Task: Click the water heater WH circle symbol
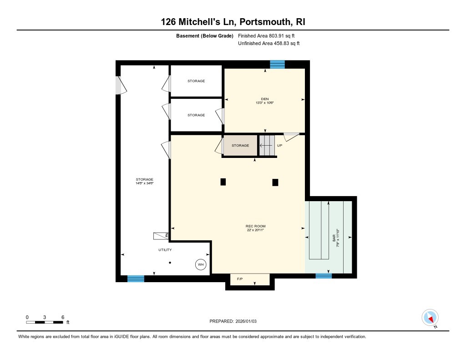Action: tap(201, 264)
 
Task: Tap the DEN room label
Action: tap(264, 99)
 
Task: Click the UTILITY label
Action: tap(165, 250)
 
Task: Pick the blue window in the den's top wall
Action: tap(277, 65)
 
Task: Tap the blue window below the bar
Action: tap(323, 275)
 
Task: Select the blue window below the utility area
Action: tap(136, 279)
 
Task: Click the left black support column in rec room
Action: tap(223, 182)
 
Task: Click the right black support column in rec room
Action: tap(275, 182)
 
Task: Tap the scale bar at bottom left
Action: tap(45, 322)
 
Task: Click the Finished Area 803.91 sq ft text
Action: tap(269, 35)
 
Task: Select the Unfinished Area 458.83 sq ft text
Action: tap(269, 44)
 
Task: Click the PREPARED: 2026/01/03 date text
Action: tap(236, 321)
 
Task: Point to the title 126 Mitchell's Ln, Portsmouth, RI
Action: tap(233, 22)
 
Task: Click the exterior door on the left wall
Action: tap(120, 85)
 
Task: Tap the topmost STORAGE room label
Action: tap(196, 81)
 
